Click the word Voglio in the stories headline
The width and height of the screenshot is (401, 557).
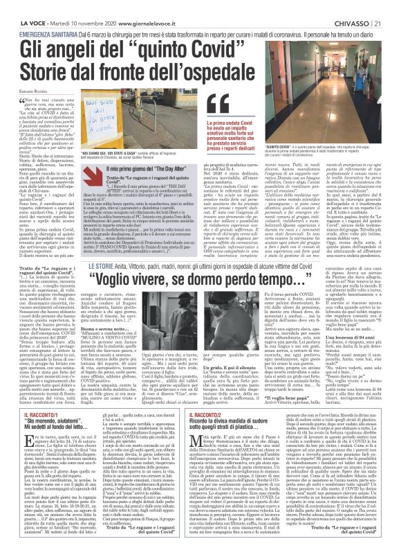(x=122, y=302)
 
